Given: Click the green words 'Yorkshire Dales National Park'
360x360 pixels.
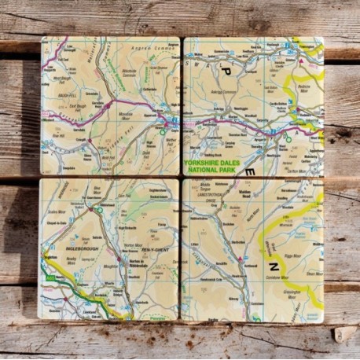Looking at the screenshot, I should pos(217,167).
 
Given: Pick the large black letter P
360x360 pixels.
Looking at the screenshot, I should pos(226,71).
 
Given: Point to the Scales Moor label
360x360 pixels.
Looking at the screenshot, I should pos(57,212).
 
